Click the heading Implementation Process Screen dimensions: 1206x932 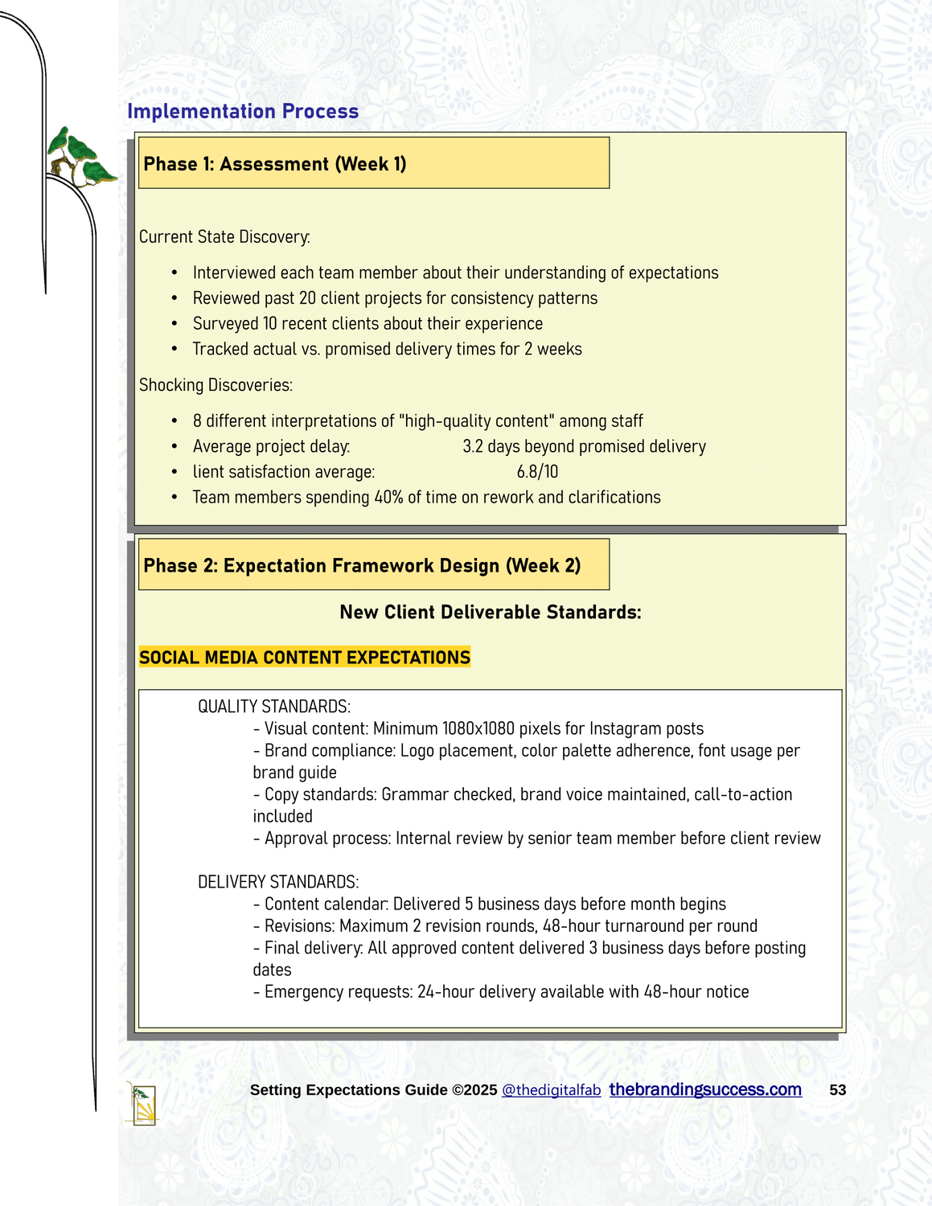[x=243, y=111]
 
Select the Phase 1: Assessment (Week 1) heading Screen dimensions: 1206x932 [x=275, y=164]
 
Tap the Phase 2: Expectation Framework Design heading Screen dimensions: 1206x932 [x=362, y=565]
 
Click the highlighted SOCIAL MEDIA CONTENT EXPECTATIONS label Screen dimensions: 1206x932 [x=305, y=658]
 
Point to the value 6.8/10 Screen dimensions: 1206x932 [x=537, y=472]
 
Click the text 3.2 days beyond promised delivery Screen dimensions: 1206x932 [x=584, y=446]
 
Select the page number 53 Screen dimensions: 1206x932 [x=837, y=1090]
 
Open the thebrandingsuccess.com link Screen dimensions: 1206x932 [x=705, y=1089]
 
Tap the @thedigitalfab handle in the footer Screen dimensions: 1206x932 [x=551, y=1090]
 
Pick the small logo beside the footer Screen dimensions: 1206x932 [x=143, y=1103]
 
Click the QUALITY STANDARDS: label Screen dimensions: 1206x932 [x=274, y=707]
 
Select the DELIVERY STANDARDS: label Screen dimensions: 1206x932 [x=278, y=882]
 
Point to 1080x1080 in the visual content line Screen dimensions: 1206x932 [x=478, y=728]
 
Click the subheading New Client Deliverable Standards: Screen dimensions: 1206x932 [x=491, y=612]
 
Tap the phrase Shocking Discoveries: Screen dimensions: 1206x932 [x=216, y=385]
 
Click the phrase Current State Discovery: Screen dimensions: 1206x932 [x=224, y=237]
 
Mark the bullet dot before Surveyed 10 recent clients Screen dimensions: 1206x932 [x=174, y=324]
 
